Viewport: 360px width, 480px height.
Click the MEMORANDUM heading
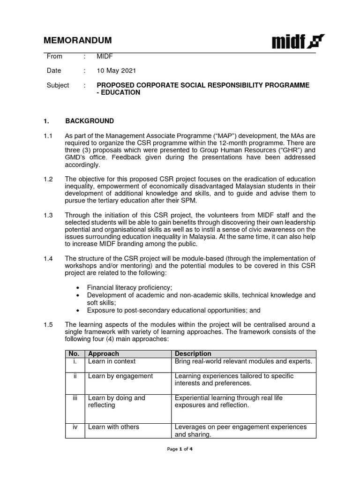[78, 40]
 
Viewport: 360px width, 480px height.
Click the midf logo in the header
[298, 41]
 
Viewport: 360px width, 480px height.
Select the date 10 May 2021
[116, 71]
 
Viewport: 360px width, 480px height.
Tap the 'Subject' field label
[58, 85]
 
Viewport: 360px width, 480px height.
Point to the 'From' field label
[54, 56]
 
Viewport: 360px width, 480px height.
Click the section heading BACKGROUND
[90, 121]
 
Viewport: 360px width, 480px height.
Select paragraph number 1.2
[48, 179]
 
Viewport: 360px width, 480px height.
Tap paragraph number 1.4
[48, 258]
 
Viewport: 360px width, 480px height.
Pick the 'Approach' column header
[104, 353]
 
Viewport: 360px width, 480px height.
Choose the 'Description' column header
[193, 353]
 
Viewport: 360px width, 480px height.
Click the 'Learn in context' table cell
[112, 361]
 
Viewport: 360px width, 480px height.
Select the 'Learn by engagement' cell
[120, 376]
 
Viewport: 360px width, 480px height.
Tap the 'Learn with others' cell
[113, 427]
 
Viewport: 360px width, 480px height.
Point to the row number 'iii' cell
[75, 398]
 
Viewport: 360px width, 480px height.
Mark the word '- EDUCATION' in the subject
[118, 92]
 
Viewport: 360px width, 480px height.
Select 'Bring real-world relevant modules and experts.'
[243, 361]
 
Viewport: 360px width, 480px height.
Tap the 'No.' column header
[75, 353]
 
